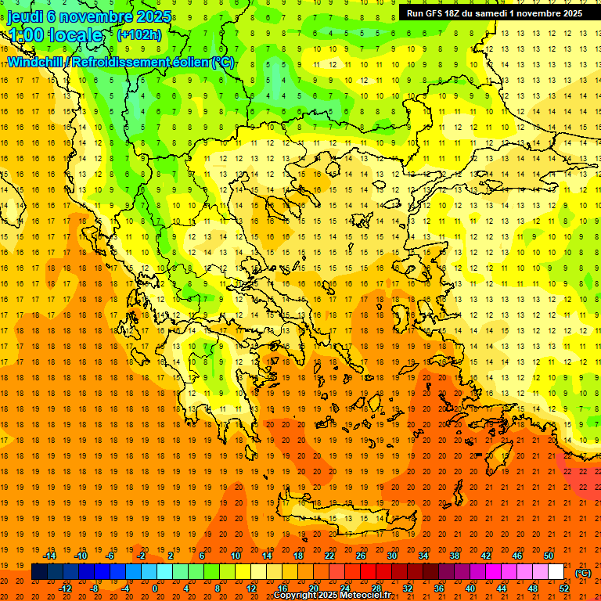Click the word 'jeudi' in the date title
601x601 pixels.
24,16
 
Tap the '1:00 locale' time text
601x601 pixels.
54,35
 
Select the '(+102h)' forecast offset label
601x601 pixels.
139,35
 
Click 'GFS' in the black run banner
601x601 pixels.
444,13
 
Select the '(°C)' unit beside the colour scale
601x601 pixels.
583,573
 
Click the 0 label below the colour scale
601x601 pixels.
154,588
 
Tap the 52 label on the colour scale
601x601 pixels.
565,588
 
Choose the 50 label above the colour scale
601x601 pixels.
549,555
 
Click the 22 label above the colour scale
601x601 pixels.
329,555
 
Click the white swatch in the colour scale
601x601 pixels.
556,572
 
